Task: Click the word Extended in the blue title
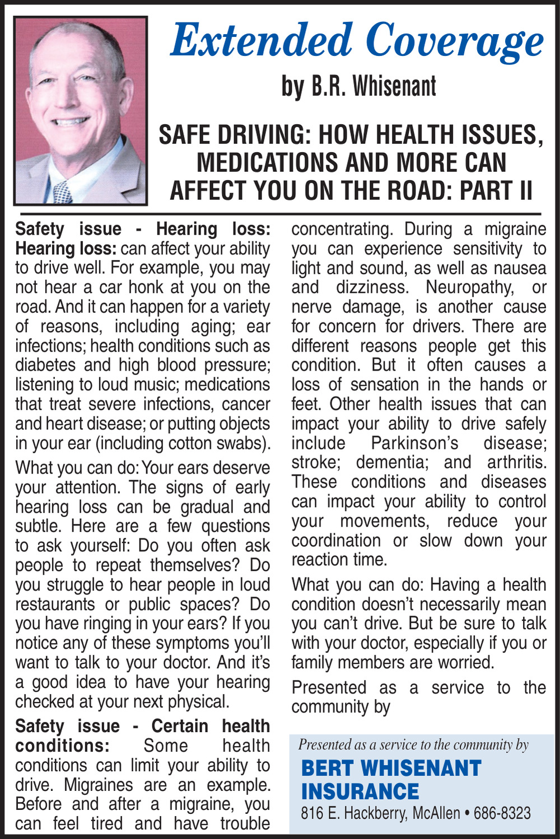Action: (x=262, y=41)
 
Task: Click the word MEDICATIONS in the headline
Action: (x=267, y=163)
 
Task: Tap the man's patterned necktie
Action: (x=62, y=192)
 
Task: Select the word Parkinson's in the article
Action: (x=414, y=443)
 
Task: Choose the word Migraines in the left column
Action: (x=98, y=785)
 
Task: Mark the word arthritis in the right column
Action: (x=516, y=462)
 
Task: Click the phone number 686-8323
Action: (x=502, y=813)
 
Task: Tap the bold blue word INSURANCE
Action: (x=360, y=792)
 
